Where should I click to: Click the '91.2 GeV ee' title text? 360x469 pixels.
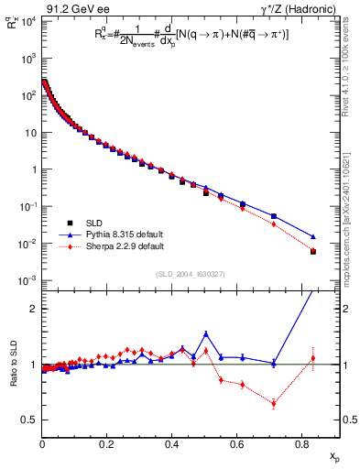point(71,8)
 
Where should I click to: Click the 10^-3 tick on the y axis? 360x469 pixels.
point(27,280)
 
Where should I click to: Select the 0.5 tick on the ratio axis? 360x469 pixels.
point(30,420)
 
